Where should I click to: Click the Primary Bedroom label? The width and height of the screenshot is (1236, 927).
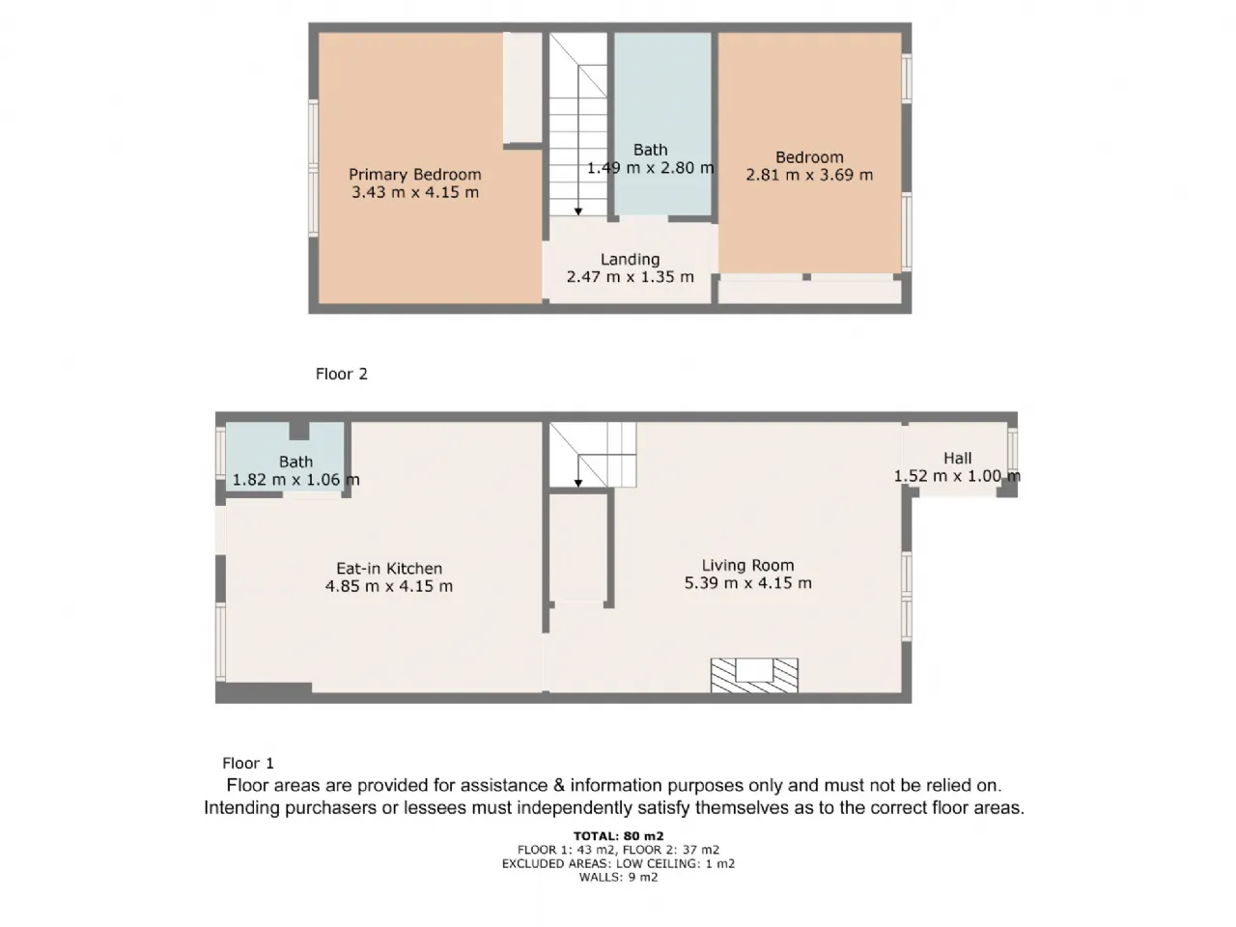(x=414, y=175)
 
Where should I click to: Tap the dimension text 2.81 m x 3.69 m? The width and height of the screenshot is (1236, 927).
(x=809, y=175)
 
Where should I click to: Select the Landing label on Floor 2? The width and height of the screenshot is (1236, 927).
(x=630, y=260)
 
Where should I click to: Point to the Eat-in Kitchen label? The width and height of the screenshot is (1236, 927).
(x=389, y=569)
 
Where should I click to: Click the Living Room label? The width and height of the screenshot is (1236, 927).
(x=747, y=565)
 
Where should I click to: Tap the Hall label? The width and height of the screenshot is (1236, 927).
(x=957, y=458)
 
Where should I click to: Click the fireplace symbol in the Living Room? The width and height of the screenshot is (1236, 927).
(x=754, y=675)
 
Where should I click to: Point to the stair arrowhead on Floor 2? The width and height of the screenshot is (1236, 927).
(x=578, y=211)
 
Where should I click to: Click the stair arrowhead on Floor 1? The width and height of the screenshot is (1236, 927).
(x=577, y=483)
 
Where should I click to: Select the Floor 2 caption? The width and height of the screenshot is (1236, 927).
(x=341, y=374)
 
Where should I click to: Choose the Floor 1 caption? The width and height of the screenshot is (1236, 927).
(x=248, y=763)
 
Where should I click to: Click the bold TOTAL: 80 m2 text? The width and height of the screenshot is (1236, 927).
(x=618, y=836)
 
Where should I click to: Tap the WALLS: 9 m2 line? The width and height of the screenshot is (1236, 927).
(x=618, y=877)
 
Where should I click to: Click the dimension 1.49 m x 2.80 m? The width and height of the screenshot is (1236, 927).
(x=651, y=168)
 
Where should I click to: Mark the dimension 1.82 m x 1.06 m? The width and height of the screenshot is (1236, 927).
(x=295, y=480)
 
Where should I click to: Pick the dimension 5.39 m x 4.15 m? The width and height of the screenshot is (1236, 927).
(x=747, y=583)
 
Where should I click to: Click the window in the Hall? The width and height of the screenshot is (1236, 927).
(x=1012, y=449)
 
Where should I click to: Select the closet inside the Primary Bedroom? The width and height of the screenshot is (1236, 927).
(x=522, y=88)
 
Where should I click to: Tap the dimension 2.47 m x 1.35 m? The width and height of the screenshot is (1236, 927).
(x=630, y=277)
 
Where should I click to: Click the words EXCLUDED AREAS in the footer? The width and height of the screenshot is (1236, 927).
(x=555, y=863)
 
